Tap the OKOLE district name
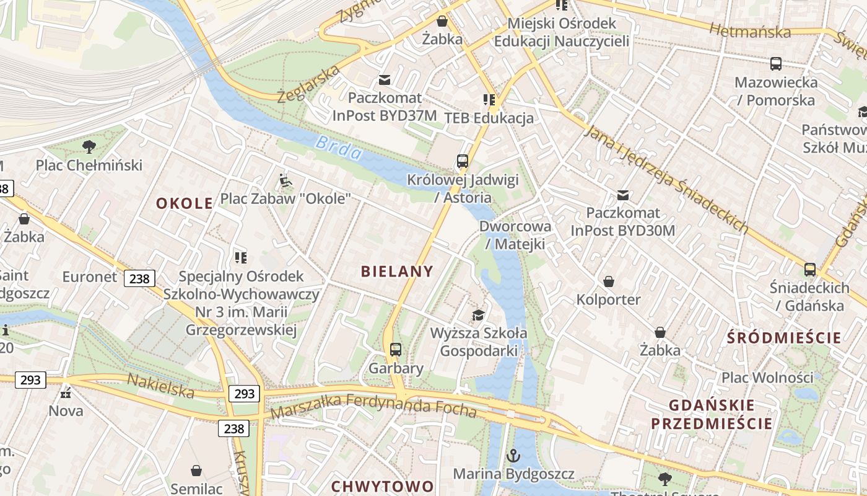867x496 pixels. (x=185, y=203)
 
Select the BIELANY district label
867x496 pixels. (x=397, y=271)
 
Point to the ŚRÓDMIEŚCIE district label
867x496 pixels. (x=785, y=338)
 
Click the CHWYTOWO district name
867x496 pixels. (x=382, y=486)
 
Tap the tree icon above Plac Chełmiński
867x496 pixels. (x=89, y=147)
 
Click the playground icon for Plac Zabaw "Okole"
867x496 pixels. (x=285, y=181)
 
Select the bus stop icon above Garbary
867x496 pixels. (x=396, y=350)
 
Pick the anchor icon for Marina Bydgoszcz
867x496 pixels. (x=513, y=456)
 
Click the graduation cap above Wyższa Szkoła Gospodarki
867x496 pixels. (x=478, y=315)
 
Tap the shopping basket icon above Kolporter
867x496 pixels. (x=609, y=281)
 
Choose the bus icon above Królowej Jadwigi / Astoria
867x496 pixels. (x=463, y=161)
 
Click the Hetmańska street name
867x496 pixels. (x=750, y=30)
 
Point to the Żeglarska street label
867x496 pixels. (x=308, y=84)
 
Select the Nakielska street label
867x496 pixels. (x=160, y=386)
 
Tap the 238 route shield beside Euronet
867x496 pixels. (x=139, y=278)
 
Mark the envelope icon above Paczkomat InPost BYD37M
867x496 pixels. (x=385, y=79)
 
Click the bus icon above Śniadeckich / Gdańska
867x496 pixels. (x=809, y=270)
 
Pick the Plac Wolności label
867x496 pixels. (x=767, y=377)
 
